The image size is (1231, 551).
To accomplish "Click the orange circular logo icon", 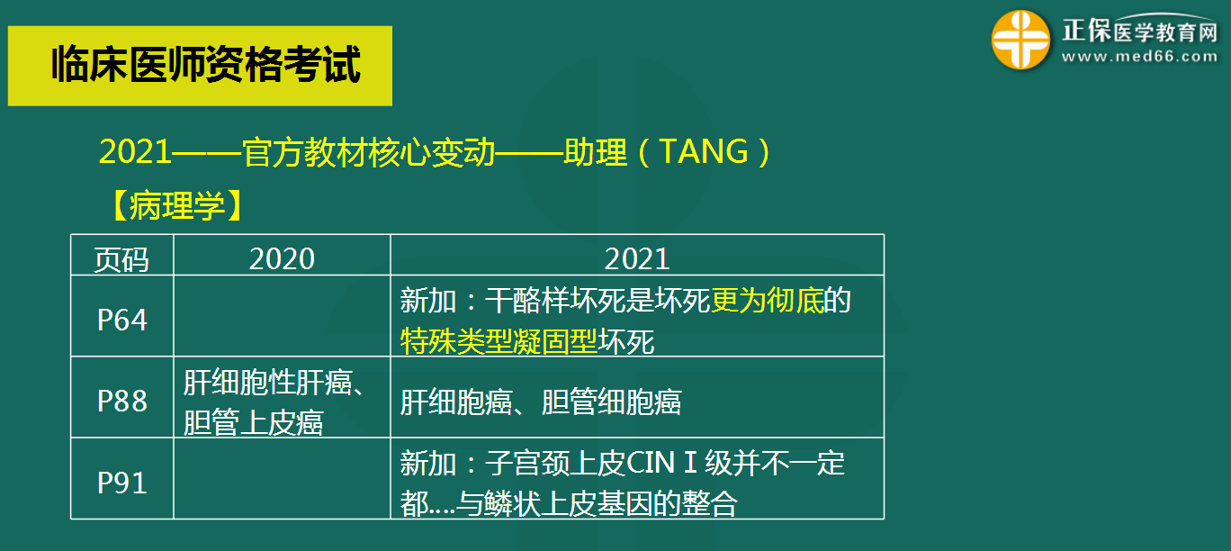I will pos(1020,41).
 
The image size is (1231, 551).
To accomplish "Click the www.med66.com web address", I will pos(1139,57).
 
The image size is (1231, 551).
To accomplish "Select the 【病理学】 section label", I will pos(175,206).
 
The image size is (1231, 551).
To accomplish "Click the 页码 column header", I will pos(121,259).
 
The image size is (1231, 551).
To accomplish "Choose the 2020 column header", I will pos(282,259).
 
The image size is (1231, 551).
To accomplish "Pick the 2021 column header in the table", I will pos(637,259).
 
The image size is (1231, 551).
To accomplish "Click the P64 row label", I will pos(121,320).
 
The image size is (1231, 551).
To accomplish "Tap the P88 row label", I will pos(121,401).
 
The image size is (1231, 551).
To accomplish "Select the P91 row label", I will pos(121,483).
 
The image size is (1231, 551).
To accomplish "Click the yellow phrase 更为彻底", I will pos(768,301).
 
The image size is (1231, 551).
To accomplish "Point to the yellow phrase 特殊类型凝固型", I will pos(499,341).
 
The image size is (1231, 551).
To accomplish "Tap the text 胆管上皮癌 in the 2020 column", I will pos(253,421).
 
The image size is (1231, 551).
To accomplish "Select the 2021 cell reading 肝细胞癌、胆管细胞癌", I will pos(540,402).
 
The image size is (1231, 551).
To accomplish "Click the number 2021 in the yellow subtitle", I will pos(135,152).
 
